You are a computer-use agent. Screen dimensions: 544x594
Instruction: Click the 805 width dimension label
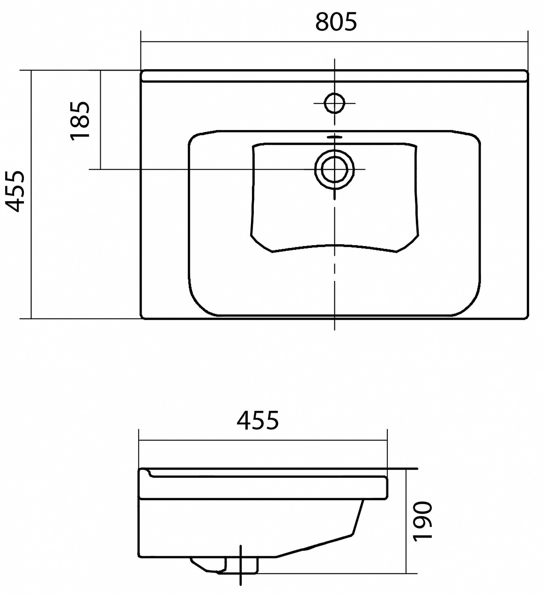(336, 22)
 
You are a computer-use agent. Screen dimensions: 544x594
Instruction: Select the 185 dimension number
(79, 120)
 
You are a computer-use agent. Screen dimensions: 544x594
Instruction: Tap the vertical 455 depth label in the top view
(16, 191)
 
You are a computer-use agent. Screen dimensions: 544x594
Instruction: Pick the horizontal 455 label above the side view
(258, 420)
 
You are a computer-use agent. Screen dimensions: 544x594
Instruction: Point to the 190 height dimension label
(423, 521)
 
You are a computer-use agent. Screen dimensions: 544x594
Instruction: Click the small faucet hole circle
(334, 103)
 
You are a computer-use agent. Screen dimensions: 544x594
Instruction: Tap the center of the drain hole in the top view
(334, 169)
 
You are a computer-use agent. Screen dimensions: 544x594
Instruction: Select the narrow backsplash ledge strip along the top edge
(334, 76)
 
